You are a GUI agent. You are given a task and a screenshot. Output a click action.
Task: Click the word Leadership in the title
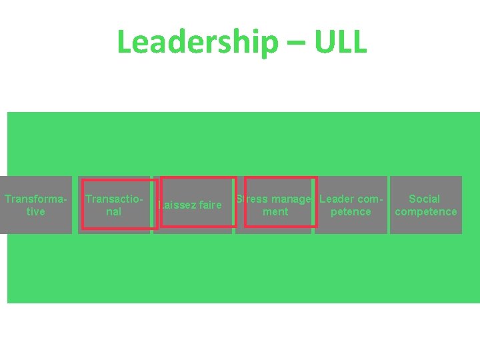(x=197, y=42)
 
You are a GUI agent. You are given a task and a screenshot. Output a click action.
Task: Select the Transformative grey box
(x=35, y=205)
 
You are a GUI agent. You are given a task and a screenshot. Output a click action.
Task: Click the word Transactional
(x=114, y=205)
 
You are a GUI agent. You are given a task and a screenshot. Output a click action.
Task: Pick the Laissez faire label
(x=191, y=205)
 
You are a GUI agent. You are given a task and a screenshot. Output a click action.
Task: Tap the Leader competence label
(x=351, y=205)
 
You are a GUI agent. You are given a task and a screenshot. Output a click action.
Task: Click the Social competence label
(x=425, y=205)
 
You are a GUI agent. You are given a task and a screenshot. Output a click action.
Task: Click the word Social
(x=425, y=199)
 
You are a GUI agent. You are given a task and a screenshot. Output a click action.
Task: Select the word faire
(x=209, y=205)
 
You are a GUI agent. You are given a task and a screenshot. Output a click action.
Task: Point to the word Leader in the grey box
(x=337, y=199)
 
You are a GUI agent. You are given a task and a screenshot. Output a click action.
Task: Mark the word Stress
(x=252, y=199)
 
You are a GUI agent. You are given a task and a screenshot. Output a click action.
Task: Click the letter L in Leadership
(x=123, y=42)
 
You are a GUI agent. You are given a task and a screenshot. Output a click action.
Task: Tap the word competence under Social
(x=425, y=211)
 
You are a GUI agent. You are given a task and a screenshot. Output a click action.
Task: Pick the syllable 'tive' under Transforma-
(x=35, y=211)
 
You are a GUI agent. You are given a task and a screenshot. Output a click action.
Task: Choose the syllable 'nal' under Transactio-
(x=113, y=211)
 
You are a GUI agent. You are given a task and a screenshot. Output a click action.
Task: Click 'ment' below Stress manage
(x=275, y=211)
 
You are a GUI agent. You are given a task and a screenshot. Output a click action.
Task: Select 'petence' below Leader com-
(x=351, y=211)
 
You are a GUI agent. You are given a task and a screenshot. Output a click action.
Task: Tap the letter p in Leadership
(x=267, y=44)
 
